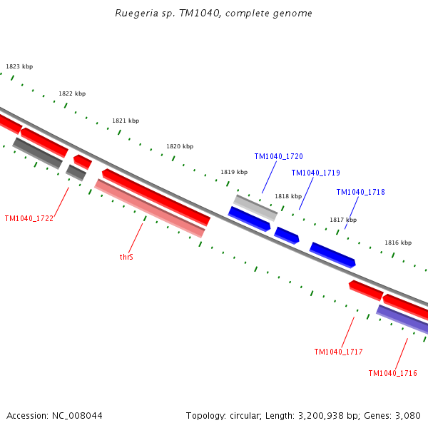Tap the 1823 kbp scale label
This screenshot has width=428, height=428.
(x=19, y=66)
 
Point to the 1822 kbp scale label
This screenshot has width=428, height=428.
(x=72, y=93)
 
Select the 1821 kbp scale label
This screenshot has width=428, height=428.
(x=126, y=121)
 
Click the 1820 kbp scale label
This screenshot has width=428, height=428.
(x=180, y=146)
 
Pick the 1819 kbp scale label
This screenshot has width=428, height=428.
(x=234, y=172)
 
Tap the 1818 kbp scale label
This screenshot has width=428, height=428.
(x=288, y=196)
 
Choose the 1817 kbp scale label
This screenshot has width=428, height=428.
(x=342, y=220)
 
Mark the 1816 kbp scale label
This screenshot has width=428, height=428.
(x=398, y=243)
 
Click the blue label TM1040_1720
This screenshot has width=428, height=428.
(x=278, y=156)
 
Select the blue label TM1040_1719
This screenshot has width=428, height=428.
(x=315, y=173)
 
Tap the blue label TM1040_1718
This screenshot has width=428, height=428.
(x=360, y=192)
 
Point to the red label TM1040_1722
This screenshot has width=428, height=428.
(x=29, y=218)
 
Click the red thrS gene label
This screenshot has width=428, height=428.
(x=126, y=256)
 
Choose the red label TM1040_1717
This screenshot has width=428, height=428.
(x=338, y=352)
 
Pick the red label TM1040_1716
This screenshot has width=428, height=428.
(x=392, y=373)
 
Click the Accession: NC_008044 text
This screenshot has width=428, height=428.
(x=54, y=415)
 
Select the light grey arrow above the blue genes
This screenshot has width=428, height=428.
(x=256, y=208)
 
